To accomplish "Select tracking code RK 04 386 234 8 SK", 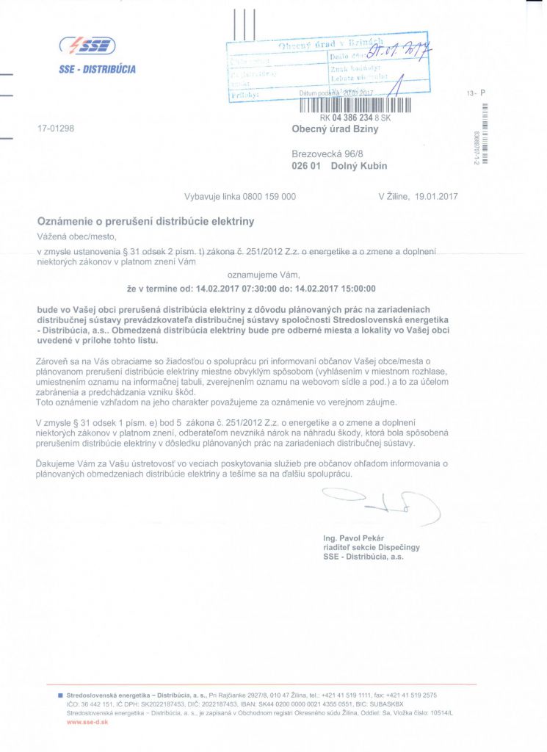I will [356, 117].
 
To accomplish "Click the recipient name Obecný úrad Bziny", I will [335, 130].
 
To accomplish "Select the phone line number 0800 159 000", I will [269, 196].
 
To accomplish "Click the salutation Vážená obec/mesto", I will [76, 236].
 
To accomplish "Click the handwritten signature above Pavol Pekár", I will [382, 505].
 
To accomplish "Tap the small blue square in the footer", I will [60, 695].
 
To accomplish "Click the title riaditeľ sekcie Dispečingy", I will [372, 548].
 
